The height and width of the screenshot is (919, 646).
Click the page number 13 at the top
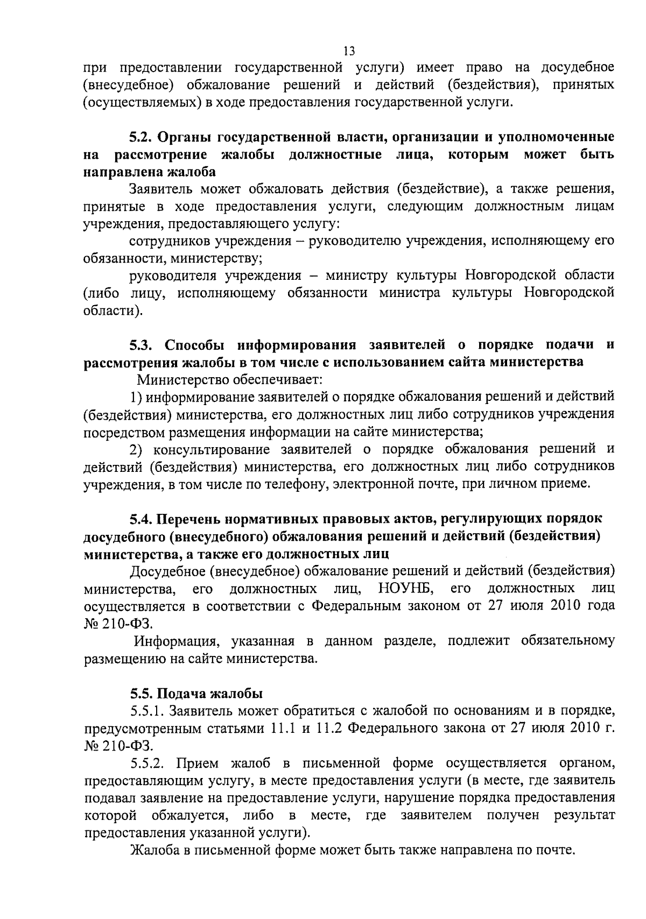349,51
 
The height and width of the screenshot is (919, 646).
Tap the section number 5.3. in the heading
143,344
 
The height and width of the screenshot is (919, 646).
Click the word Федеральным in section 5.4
356,605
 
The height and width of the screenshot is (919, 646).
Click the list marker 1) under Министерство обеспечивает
137,397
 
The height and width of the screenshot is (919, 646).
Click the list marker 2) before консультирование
138,449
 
